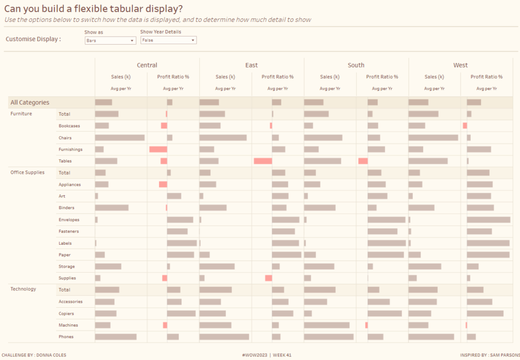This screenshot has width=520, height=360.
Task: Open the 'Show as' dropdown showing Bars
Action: click(x=110, y=40)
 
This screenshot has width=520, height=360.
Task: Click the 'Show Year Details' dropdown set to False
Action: click(x=168, y=40)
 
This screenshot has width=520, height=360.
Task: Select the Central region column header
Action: click(x=147, y=65)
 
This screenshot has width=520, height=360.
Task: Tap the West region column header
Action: click(x=461, y=65)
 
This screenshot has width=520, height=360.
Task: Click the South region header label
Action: click(x=356, y=65)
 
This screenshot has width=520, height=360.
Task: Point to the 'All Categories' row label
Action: click(x=30, y=103)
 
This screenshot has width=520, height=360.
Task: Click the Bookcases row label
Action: click(x=69, y=125)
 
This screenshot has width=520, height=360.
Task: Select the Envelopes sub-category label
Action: click(x=69, y=220)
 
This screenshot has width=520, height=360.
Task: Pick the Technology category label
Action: click(x=23, y=289)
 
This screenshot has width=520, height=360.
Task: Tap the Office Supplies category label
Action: click(x=27, y=172)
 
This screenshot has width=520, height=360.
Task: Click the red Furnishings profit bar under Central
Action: click(x=158, y=149)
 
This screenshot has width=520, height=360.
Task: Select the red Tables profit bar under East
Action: click(x=263, y=161)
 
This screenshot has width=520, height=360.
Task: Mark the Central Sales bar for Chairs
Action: click(x=120, y=138)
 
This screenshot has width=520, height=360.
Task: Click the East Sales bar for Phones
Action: click(x=224, y=337)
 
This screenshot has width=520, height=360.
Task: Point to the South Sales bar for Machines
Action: click(x=327, y=325)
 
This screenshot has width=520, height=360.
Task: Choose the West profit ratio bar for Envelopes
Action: click(x=489, y=220)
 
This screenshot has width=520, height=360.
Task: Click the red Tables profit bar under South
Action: click(x=363, y=161)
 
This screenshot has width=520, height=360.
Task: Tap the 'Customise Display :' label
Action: click(x=33, y=39)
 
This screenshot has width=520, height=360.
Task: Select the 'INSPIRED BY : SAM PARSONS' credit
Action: click(x=489, y=355)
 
